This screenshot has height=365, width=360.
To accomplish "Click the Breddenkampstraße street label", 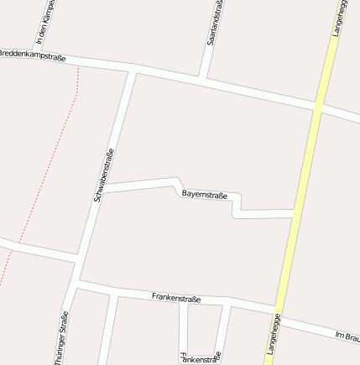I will point(32,55).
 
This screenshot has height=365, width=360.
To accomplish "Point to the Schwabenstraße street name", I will point(104,175).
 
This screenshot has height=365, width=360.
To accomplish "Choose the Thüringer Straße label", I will point(61,337).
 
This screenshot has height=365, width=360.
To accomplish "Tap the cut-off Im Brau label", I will point(347,337).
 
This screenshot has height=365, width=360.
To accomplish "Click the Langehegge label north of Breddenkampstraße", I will point(337,17).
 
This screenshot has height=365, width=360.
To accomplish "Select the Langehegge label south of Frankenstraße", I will point(273,335).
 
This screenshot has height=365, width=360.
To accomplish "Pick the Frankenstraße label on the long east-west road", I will point(176,298).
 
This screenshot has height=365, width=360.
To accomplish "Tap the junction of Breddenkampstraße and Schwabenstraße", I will point(133,69).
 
